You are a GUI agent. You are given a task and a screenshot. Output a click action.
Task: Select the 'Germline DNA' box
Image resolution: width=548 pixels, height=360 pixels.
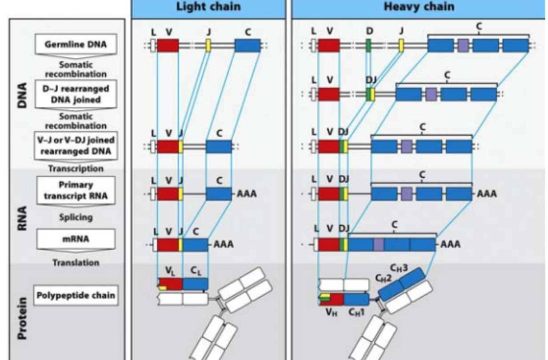(76, 45)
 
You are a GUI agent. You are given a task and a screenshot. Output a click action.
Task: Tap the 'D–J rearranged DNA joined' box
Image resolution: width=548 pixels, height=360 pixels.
(76, 93)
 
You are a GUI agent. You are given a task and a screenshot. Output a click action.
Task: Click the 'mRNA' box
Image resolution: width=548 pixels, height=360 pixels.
(76, 239)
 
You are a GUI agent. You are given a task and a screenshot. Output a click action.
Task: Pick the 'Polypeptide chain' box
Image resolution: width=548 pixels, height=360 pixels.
(76, 295)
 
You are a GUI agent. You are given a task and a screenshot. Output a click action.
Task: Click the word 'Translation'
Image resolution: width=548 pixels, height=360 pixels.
(76, 263)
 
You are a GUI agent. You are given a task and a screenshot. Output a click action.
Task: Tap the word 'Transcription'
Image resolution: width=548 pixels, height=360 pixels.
(76, 169)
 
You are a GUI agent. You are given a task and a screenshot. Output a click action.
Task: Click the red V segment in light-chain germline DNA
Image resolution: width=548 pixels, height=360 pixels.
(168, 46)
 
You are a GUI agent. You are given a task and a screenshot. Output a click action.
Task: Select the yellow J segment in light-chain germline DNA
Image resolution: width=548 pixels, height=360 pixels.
(208, 46)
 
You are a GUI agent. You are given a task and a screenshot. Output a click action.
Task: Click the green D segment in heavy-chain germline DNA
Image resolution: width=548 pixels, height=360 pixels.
(368, 46)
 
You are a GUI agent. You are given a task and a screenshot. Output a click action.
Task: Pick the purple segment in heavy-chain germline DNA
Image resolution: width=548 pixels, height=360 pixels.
(463, 46)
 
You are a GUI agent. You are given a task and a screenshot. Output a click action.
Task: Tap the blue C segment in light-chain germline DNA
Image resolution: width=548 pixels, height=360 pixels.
(247, 46)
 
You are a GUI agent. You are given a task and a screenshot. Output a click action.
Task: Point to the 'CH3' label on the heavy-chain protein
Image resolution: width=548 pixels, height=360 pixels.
(399, 268)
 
